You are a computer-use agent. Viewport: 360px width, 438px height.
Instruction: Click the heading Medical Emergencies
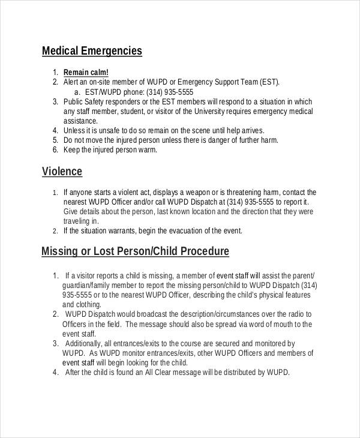point(92,51)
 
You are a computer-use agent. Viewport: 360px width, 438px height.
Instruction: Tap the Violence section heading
point(62,172)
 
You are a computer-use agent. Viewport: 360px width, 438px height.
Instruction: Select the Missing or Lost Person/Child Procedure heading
point(135,251)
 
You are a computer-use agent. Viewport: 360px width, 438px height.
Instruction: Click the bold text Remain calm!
point(86,73)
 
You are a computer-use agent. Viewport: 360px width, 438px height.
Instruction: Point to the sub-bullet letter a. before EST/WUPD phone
point(77,92)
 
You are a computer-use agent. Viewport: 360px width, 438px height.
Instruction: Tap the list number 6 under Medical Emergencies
point(55,149)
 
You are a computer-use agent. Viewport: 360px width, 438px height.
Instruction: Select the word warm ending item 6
point(148,150)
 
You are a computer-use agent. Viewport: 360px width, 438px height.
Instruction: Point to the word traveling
point(77,221)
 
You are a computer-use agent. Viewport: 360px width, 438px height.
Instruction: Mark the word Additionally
point(86,343)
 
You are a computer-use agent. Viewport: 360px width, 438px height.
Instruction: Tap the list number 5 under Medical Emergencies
point(55,140)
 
